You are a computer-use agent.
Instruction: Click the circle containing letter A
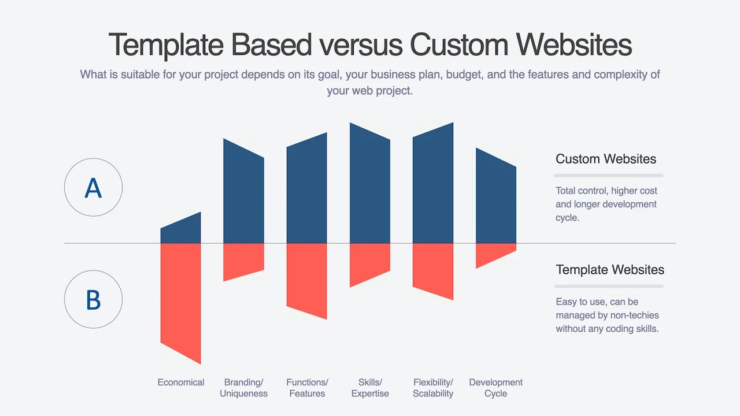pyautogui.click(x=93, y=187)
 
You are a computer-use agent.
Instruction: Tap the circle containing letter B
pyautogui.click(x=93, y=299)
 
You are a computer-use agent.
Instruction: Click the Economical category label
pyautogui.click(x=181, y=382)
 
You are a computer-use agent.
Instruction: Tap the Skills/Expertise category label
pyautogui.click(x=370, y=388)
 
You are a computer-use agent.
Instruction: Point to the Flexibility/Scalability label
pyautogui.click(x=433, y=388)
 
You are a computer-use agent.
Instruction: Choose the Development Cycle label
pyautogui.click(x=496, y=388)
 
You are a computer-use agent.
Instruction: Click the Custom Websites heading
pyautogui.click(x=606, y=159)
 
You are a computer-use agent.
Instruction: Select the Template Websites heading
pyautogui.click(x=610, y=270)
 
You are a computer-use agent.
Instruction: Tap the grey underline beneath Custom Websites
pyautogui.click(x=608, y=175)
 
